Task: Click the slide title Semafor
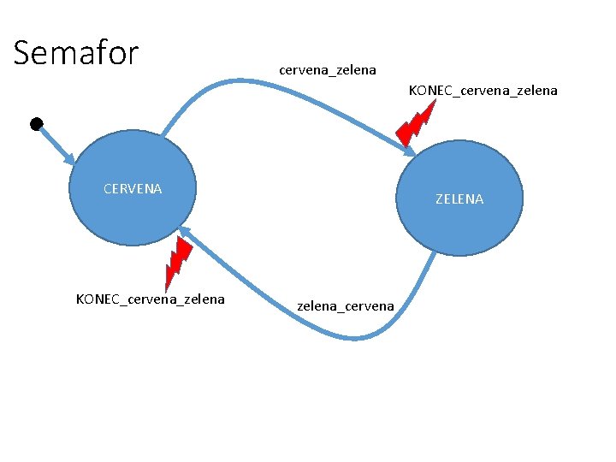[x=76, y=53]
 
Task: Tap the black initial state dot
[x=36, y=125]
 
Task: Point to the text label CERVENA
[x=132, y=188]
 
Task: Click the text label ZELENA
[x=459, y=198]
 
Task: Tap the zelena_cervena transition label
[x=346, y=305]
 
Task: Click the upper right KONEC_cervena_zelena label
[x=483, y=90]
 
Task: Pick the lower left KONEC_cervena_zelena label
[x=151, y=299]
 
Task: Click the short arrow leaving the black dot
[x=53, y=142]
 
